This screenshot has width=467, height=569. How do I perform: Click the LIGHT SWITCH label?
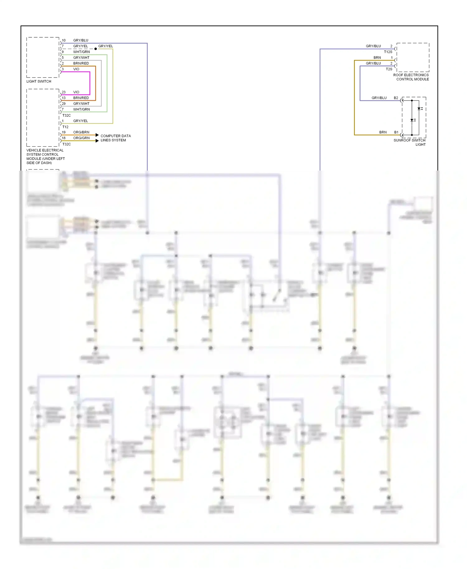pyautogui.click(x=39, y=81)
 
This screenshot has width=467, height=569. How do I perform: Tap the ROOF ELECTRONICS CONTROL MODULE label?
pyautogui.click(x=411, y=77)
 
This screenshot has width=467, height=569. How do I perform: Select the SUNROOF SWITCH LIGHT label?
pyautogui.click(x=410, y=142)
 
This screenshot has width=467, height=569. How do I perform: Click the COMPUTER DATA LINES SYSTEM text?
pyautogui.click(x=116, y=138)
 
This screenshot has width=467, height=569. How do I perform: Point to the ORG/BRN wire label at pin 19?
pyautogui.click(x=81, y=132)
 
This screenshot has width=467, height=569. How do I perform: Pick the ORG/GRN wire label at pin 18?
pyautogui.click(x=81, y=138)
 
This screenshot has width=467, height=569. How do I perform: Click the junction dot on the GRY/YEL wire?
pyautogui.click(x=96, y=49)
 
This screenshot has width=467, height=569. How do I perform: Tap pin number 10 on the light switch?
pyautogui.click(x=64, y=40)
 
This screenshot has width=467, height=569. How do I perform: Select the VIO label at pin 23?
pyautogui.click(x=76, y=92)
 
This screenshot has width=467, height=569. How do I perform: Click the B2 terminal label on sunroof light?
pyautogui.click(x=396, y=98)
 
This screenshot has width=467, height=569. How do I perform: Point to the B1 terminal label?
pyautogui.click(x=396, y=132)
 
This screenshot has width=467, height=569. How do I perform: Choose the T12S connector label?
pyautogui.click(x=388, y=52)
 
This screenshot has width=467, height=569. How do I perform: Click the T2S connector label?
pyautogui.click(x=389, y=69)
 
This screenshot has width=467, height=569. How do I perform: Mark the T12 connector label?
pyautogui.click(x=65, y=127)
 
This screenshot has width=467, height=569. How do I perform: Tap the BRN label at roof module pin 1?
pyautogui.click(x=377, y=58)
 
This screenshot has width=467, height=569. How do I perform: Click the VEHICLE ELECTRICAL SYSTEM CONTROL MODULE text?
pyautogui.click(x=45, y=157)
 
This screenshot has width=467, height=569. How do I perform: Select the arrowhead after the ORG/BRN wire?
pyautogui.click(x=97, y=135)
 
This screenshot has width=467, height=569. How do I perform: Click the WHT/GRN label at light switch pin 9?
pyautogui.click(x=82, y=52)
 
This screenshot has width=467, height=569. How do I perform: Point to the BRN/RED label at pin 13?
pyautogui.click(x=81, y=98)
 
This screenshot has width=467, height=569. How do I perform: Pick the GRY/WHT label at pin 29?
pyautogui.click(x=81, y=104)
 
